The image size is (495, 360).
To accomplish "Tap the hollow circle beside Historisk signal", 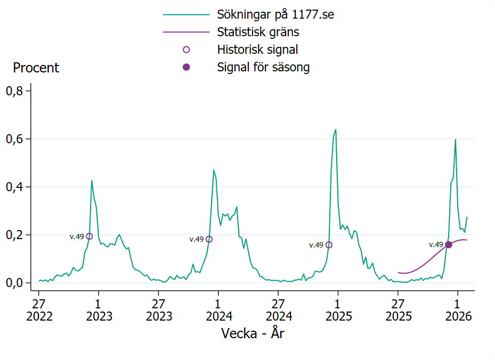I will [x=186, y=50].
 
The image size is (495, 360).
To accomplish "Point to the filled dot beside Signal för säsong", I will [x=186, y=67].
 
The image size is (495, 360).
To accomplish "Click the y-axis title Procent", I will [x=36, y=68].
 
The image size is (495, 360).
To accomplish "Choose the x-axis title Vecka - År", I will [x=254, y=333].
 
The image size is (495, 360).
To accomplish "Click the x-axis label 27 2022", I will [x=39, y=309].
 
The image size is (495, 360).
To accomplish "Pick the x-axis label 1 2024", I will [x=218, y=309].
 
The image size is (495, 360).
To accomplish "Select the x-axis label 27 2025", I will [x=398, y=309].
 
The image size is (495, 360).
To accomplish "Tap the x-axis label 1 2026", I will [x=458, y=309].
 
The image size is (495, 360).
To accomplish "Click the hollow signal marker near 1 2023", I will [x=90, y=236].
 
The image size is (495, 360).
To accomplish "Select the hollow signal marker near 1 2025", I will [x=329, y=245].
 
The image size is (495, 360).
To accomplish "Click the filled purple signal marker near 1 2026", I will [x=449, y=244].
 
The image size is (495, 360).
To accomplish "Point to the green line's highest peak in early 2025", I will [x=336, y=129].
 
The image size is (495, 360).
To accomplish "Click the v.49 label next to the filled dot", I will [x=436, y=244].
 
